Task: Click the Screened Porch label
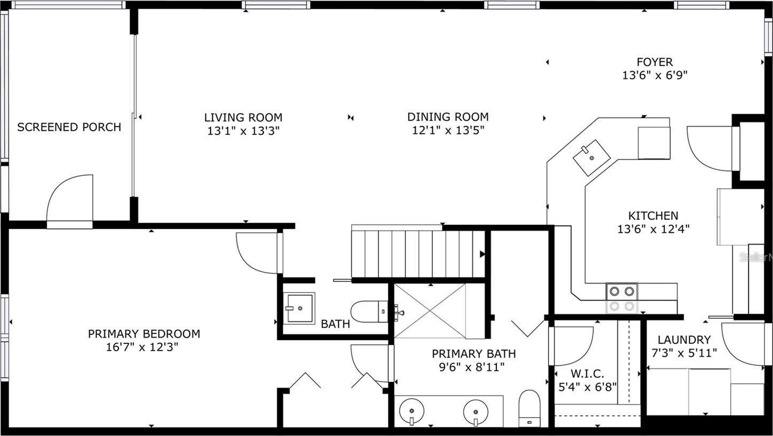pos(69,127)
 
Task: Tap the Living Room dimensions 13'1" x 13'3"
pos(243,131)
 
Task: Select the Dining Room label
pos(448,117)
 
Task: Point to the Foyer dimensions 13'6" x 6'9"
pos(655,75)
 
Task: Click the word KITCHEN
pos(653,215)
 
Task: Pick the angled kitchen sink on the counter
pos(592,158)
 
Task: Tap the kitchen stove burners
pos(622,298)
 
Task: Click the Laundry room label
pos(684,340)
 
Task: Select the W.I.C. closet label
pos(587,374)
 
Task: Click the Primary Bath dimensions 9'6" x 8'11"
pos(472,367)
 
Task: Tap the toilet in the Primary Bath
pos(530,408)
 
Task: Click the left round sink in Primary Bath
pos(412,411)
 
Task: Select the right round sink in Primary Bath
pos(476,412)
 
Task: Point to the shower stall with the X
pos(430,311)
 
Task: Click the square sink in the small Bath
pos(299,308)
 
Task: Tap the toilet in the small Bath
pos(369,311)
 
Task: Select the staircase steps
pos(418,254)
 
